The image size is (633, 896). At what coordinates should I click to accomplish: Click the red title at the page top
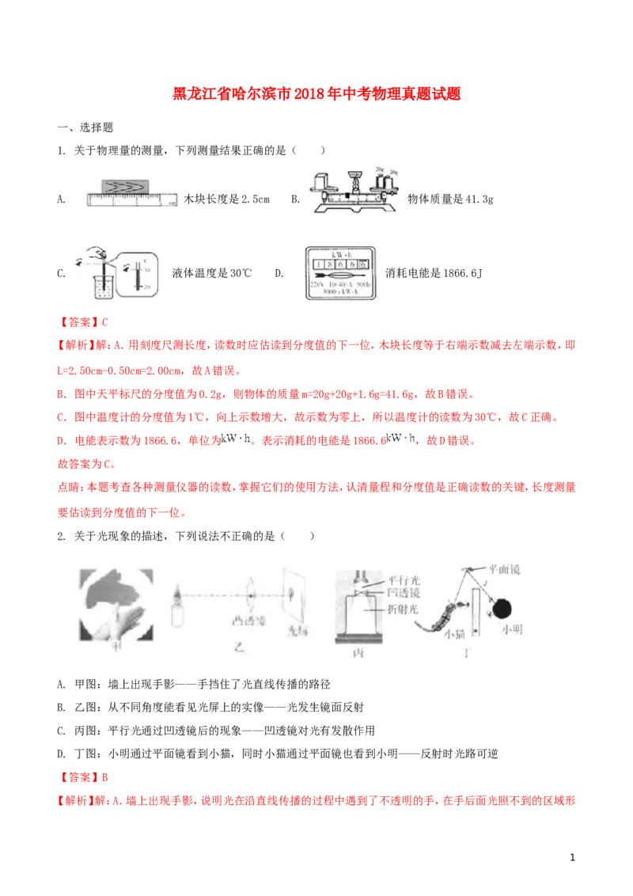[x=316, y=93]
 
